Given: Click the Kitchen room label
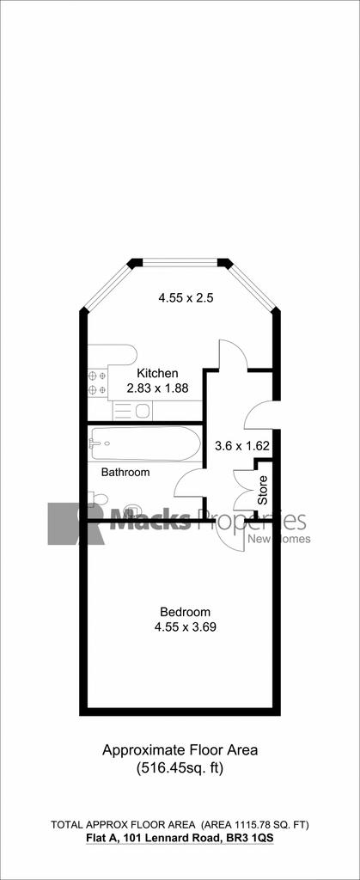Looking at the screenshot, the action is pos(158,373).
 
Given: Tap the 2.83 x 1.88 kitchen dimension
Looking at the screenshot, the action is pos(157,388).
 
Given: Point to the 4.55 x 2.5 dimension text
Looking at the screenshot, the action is pos(186,298).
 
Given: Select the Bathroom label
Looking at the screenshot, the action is pos(125,472).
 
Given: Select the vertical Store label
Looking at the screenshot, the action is pos(263,489).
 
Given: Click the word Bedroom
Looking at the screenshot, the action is pos(185,612).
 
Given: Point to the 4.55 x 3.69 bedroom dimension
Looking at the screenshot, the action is pos(186,626).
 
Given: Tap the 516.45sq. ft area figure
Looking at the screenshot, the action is pos(180,768).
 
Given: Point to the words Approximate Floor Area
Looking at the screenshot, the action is pos(180,749).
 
